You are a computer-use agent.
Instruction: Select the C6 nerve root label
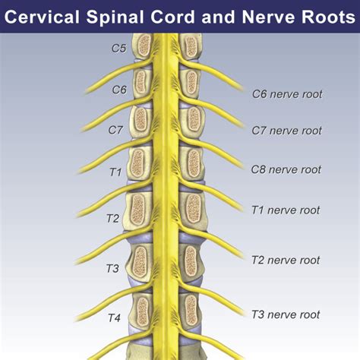pos(286,95)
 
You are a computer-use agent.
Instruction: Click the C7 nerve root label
pos(286,131)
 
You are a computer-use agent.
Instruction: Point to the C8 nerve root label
pos(286,169)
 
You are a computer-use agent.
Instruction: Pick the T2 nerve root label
pos(286,261)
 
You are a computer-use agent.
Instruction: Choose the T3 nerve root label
pos(286,314)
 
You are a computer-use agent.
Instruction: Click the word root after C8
pos(310,169)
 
